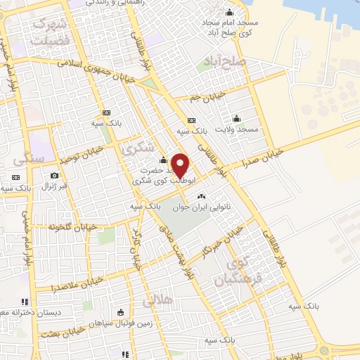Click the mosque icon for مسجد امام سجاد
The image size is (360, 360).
point(229,12)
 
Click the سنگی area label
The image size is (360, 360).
point(30,159)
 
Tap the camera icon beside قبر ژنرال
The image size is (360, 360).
point(54,175)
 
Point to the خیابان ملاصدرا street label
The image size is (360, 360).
point(77,283)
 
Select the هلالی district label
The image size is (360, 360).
point(156,302)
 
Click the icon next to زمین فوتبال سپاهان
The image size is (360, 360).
point(120,312)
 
